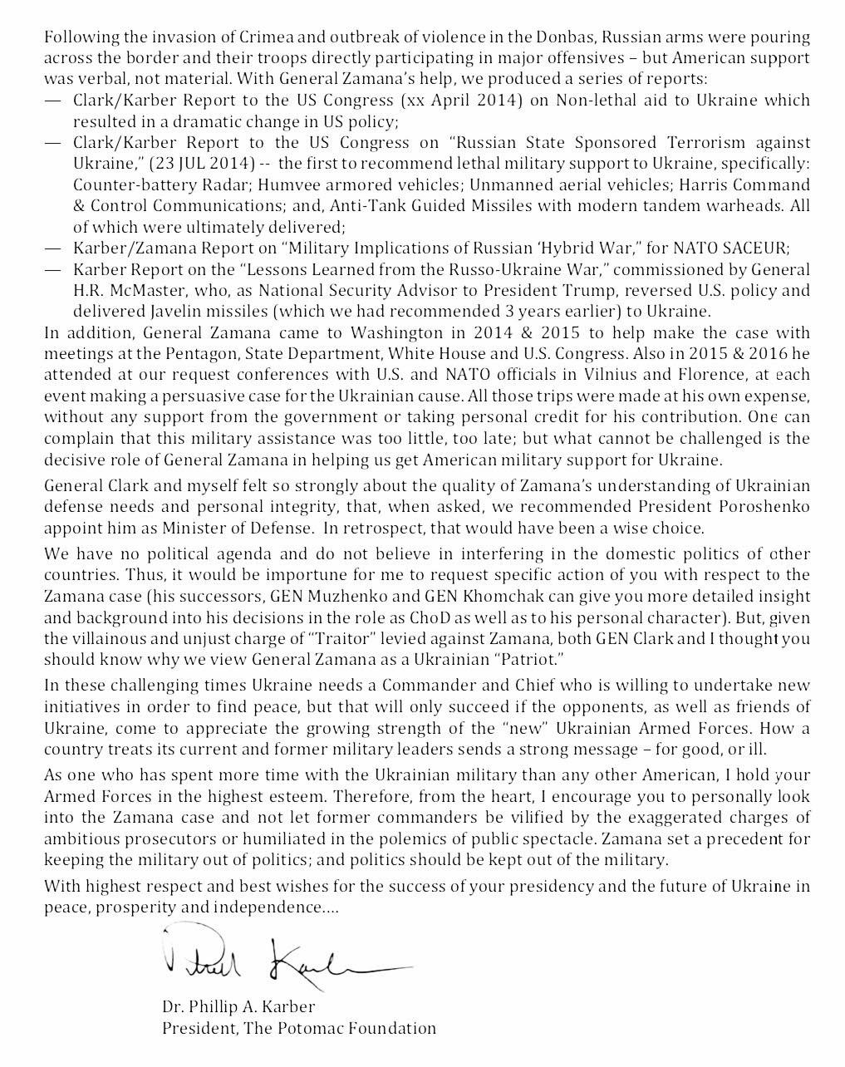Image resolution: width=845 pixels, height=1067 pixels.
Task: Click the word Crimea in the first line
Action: [x=237, y=37]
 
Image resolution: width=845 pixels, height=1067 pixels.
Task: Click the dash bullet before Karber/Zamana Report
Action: [x=53, y=248]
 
